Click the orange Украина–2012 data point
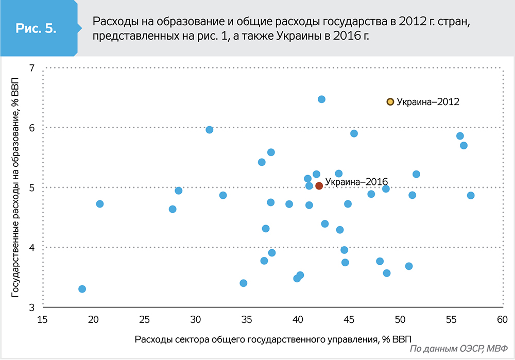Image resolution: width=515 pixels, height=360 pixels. [390, 102]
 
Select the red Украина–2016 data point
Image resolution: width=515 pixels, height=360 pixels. [319, 186]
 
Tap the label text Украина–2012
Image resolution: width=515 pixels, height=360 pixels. [427, 102]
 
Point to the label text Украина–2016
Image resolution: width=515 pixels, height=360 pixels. [356, 182]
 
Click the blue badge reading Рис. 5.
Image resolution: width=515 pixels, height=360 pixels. [36, 29]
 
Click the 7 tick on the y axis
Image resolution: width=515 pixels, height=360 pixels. [31, 68]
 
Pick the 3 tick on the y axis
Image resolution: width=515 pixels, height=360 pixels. [31, 307]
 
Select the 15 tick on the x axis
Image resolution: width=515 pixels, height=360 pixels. [42, 320]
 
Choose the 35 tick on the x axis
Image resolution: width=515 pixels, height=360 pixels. [247, 320]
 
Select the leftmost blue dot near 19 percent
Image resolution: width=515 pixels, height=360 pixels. [82, 289]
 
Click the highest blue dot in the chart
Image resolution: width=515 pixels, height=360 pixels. [321, 99]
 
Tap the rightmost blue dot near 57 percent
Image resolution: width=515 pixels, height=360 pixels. [471, 195]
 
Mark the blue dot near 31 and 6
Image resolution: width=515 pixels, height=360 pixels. [210, 130]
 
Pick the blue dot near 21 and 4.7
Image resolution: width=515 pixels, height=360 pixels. [100, 204]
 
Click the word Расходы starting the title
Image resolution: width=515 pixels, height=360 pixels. [113, 22]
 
